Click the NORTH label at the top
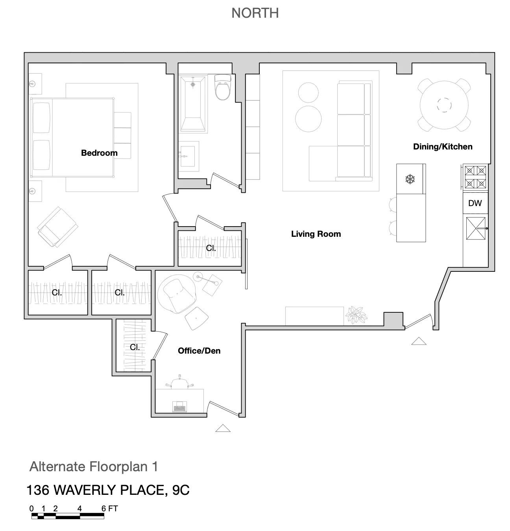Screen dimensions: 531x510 (255, 13)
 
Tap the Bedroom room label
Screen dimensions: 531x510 (99, 153)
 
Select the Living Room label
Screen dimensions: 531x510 (316, 234)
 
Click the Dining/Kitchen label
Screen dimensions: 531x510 (443, 147)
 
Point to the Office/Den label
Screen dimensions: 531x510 (199, 351)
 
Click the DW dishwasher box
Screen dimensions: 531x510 (475, 203)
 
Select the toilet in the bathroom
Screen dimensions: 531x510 (223, 87)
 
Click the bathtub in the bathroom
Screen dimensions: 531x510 (193, 103)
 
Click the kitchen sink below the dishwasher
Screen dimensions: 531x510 (476, 229)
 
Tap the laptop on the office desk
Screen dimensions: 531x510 (179, 406)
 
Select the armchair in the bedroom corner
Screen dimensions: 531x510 (57, 227)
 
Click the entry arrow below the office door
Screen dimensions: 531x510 (223, 428)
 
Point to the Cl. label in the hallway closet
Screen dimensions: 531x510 (211, 248)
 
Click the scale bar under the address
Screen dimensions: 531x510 (68, 516)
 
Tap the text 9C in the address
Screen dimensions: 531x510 (181, 490)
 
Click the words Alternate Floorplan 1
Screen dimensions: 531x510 (94, 467)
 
